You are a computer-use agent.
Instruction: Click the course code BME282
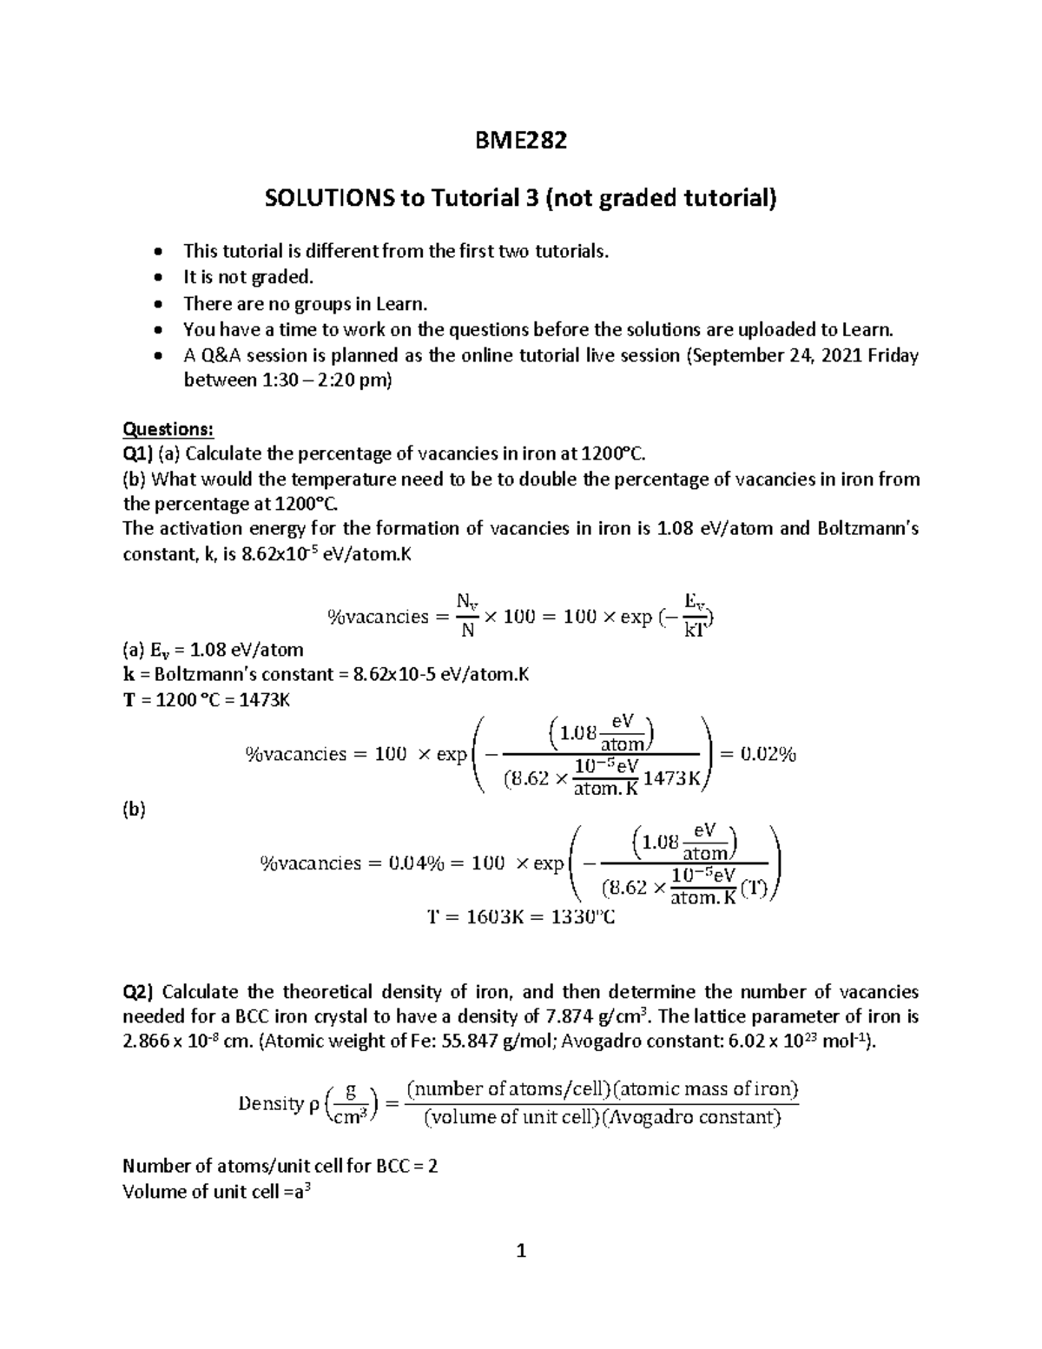tap(521, 140)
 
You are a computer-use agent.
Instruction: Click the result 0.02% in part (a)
tap(768, 754)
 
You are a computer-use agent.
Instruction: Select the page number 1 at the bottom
tap(521, 1252)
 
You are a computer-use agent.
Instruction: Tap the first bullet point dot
tap(156, 252)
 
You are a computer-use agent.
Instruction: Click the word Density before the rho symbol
tap(270, 1103)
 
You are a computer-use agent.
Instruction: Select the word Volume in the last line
tap(154, 1191)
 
